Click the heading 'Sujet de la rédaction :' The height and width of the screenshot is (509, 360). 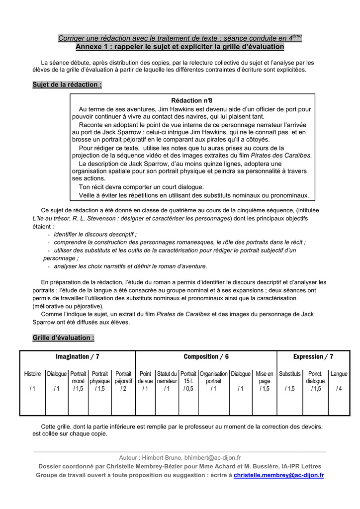(x=67, y=85)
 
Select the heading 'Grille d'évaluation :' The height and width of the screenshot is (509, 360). (x=63, y=338)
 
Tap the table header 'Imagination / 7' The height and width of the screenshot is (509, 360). (x=77, y=356)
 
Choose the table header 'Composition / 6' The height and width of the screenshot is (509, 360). (x=206, y=356)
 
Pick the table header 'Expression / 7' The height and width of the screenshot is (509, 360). (x=313, y=356)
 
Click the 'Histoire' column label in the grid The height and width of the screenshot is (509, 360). (x=33, y=374)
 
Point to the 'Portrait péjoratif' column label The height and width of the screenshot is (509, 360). (x=123, y=377)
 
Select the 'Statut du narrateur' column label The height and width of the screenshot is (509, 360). (x=167, y=377)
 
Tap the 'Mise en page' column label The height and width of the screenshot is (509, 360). (x=265, y=377)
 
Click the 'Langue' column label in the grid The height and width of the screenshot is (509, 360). (x=339, y=374)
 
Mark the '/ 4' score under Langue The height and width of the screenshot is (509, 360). (x=339, y=389)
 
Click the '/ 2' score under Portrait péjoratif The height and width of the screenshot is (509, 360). (x=123, y=389)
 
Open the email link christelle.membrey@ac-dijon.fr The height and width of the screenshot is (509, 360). (x=278, y=475)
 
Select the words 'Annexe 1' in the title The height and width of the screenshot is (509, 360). (x=92, y=47)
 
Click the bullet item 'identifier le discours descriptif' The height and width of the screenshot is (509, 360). (x=95, y=234)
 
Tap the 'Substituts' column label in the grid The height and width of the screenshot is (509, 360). (x=289, y=374)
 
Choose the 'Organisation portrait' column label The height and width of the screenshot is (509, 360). (x=214, y=377)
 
